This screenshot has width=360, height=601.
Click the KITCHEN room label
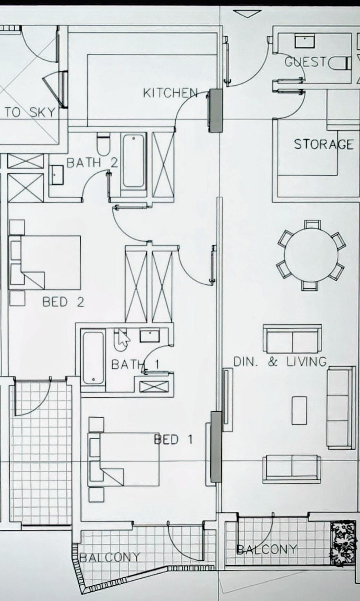click(x=170, y=93)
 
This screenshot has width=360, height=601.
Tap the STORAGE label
click(x=323, y=144)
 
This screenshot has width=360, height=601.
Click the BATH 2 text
click(x=92, y=163)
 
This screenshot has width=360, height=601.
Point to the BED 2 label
click(x=63, y=302)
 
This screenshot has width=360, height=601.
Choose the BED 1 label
click(x=173, y=439)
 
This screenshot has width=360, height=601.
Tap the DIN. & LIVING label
click(x=280, y=361)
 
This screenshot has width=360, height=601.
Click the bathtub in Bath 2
click(x=134, y=161)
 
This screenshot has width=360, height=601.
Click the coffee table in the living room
click(x=299, y=410)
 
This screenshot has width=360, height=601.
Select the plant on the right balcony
click(x=343, y=544)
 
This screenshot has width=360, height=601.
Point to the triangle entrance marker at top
click(x=248, y=14)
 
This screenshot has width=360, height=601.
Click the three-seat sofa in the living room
click(x=341, y=407)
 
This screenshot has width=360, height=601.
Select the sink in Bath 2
click(x=57, y=174)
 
